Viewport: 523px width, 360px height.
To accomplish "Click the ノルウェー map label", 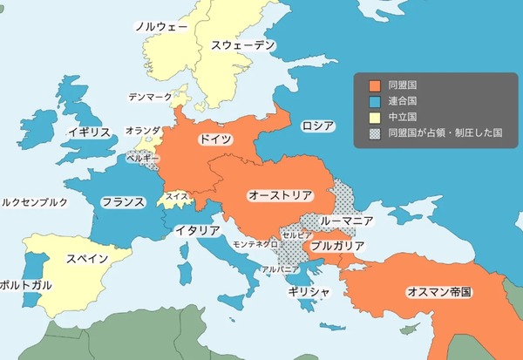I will pos(160,26).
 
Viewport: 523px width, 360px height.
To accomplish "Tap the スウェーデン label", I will pos(242,44).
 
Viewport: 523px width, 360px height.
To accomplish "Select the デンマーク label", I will pos(150,96).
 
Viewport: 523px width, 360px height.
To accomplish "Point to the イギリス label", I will pos(89,132).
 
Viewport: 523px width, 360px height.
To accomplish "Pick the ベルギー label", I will pos(143,159).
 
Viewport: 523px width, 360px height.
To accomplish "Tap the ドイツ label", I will pos(215,139).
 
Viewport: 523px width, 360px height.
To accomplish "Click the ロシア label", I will pos(318,126).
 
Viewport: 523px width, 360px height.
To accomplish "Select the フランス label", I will pos(122,202).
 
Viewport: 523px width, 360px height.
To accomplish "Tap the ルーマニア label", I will pos(347,221).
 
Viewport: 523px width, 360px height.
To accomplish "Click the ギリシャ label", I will pos(309,291).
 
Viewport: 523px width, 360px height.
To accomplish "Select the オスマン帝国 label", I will pos(438,291).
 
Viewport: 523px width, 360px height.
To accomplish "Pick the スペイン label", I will pos(87,259).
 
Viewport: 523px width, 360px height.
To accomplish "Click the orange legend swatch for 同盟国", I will pos(375,85).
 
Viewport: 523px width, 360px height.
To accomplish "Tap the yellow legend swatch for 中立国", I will pos(375,117).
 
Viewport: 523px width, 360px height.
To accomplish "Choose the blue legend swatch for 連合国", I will pos(375,101).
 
